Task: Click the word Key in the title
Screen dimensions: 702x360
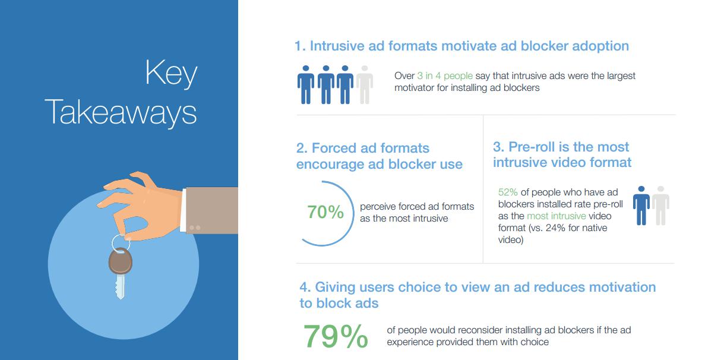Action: pyautogui.click(x=172, y=74)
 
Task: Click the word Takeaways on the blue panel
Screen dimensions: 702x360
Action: pyautogui.click(x=121, y=112)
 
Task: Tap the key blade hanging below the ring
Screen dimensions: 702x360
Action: pyautogui.click(x=119, y=286)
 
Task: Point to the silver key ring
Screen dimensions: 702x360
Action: pyautogui.click(x=121, y=243)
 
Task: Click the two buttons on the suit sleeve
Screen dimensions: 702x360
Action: pyautogui.click(x=195, y=228)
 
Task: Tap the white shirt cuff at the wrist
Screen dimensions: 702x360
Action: pyautogui.click(x=183, y=210)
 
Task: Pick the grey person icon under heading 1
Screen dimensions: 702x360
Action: pyautogui.click(x=365, y=84)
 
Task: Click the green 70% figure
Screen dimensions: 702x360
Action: pyautogui.click(x=325, y=212)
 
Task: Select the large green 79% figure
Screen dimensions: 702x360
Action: pyautogui.click(x=336, y=336)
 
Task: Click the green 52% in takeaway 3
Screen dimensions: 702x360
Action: pyautogui.click(x=508, y=192)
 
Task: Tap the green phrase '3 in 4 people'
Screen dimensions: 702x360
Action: pyautogui.click(x=445, y=75)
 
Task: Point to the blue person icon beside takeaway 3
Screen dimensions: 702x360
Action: pyautogui.click(x=641, y=206)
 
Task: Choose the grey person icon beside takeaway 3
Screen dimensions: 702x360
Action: pyautogui.click(x=660, y=206)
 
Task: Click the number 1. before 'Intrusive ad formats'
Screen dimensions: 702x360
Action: pyautogui.click(x=300, y=46)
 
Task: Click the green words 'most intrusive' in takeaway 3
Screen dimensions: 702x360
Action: pyautogui.click(x=556, y=216)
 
